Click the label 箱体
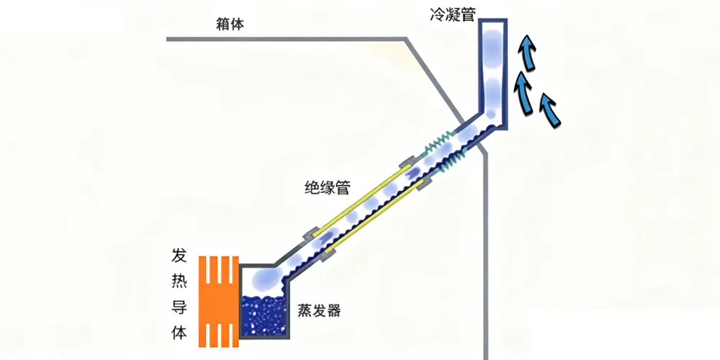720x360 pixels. point(230,24)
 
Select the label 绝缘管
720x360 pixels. point(328,189)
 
